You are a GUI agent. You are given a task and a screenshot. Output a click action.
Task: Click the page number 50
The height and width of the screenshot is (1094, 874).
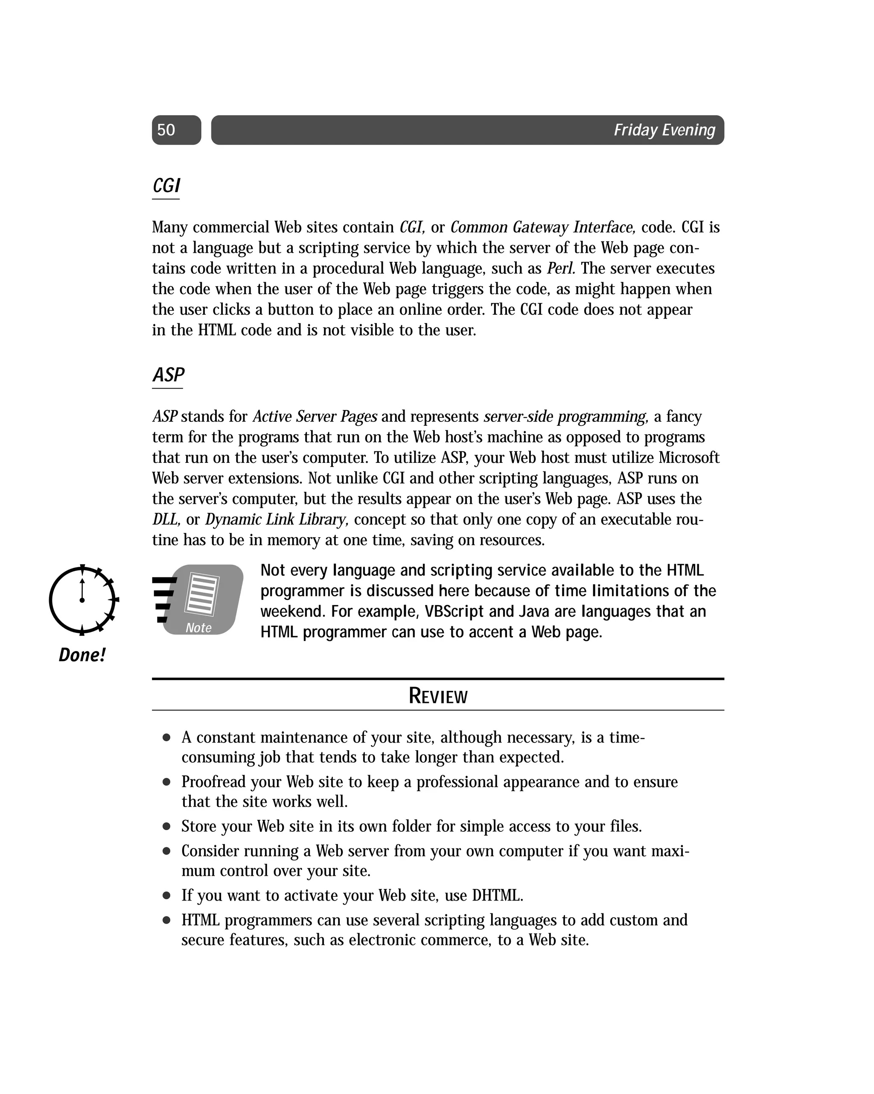[166, 130]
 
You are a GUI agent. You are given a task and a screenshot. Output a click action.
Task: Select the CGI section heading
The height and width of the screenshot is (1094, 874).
[166, 186]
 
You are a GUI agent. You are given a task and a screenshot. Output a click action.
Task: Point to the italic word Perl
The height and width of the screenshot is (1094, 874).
[560, 269]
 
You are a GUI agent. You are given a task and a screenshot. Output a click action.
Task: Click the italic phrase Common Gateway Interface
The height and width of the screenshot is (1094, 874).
[542, 227]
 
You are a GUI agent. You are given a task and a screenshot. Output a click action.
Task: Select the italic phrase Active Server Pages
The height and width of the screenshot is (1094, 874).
[315, 417]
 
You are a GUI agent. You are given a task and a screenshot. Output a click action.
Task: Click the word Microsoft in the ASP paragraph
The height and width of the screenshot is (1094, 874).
[688, 458]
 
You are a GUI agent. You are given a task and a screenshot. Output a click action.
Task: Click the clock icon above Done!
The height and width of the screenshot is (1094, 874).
[83, 600]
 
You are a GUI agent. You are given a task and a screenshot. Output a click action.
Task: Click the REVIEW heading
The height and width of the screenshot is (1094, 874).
[438, 696]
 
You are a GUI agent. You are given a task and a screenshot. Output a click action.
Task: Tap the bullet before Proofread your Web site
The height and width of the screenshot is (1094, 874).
[166, 782]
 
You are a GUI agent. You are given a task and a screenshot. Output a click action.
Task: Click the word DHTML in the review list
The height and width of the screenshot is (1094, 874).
[497, 895]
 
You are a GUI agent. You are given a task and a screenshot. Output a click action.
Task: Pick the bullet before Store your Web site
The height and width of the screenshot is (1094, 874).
[166, 827]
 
